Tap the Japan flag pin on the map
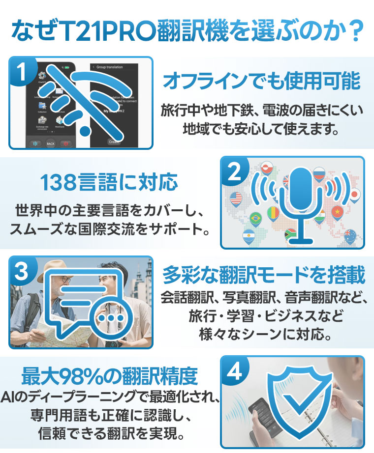[x=354, y=196]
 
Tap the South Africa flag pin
[x=290, y=234]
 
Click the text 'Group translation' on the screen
[x=109, y=67]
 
